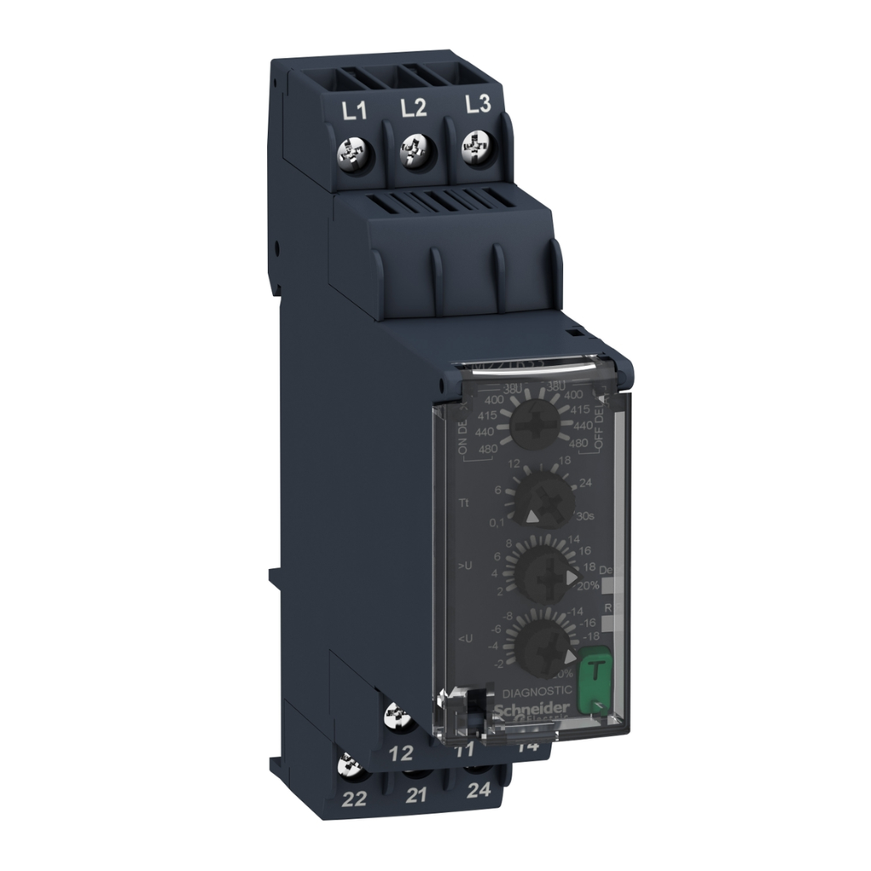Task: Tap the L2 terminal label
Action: point(413,107)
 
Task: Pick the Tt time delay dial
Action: point(544,500)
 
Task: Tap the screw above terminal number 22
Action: point(349,766)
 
